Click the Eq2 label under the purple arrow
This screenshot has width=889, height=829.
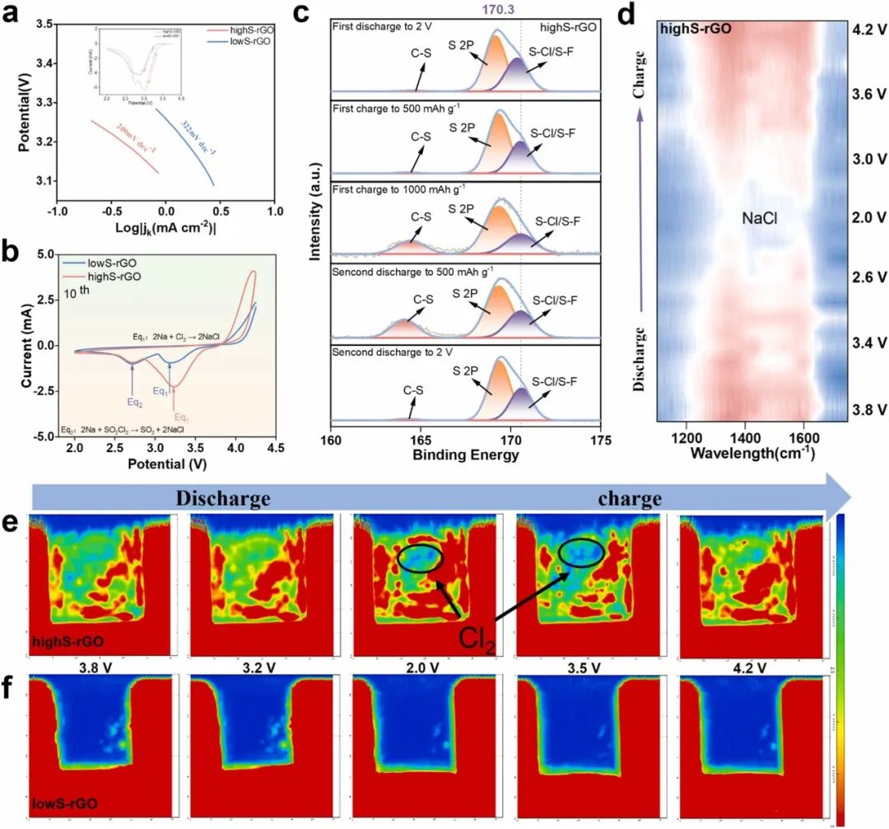point(133,403)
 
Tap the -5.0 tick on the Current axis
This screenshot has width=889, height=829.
point(46,436)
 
